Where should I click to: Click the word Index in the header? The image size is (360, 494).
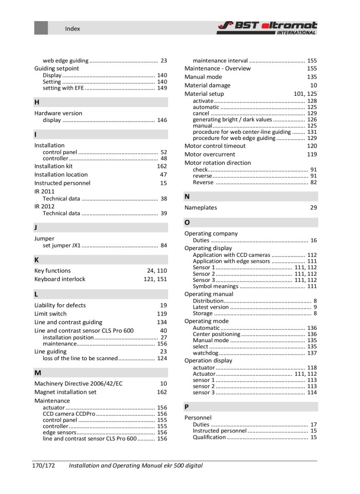[x=73, y=29]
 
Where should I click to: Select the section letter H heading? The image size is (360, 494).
[x=37, y=102]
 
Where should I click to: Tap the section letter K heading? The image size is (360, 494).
[x=37, y=260]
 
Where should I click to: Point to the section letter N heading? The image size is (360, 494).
[x=187, y=197]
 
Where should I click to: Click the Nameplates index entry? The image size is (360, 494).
[x=201, y=208]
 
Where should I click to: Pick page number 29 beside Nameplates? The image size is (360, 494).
[x=313, y=208]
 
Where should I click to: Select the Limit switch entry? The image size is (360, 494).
[x=50, y=313]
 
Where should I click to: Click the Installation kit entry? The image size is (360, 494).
[x=53, y=166]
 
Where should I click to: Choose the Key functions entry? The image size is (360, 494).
[x=52, y=271]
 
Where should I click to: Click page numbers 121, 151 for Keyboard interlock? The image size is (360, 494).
[x=155, y=279]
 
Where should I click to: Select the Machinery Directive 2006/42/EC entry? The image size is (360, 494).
[x=78, y=383]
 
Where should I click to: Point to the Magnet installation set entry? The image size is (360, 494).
[x=65, y=392]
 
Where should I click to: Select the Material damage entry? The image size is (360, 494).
[x=207, y=85]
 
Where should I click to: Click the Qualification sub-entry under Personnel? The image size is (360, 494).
[x=209, y=437]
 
